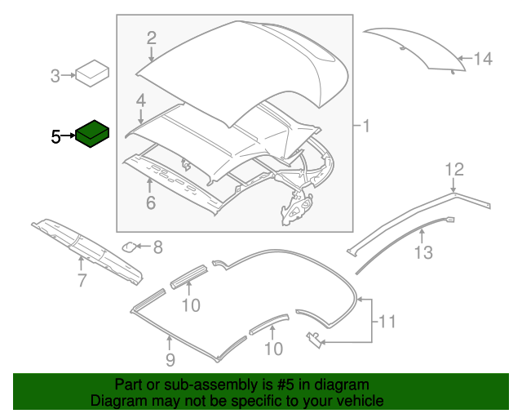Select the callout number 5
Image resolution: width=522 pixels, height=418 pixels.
tap(55, 137)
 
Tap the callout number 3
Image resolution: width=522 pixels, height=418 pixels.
tap(55, 77)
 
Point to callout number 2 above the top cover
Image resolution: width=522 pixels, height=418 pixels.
tap(151, 37)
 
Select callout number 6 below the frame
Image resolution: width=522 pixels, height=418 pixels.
tap(150, 202)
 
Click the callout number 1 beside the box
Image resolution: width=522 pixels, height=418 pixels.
tap(366, 127)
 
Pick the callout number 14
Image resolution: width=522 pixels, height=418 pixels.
tap(484, 59)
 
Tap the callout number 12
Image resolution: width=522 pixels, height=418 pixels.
tap(454, 170)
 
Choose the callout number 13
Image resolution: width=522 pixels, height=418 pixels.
tap(422, 253)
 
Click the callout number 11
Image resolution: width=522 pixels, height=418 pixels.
tap(387, 322)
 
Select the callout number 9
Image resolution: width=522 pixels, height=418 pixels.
tap(170, 359)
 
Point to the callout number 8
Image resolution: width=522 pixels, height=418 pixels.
tap(157, 246)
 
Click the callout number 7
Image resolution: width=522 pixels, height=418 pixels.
tap(82, 282)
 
